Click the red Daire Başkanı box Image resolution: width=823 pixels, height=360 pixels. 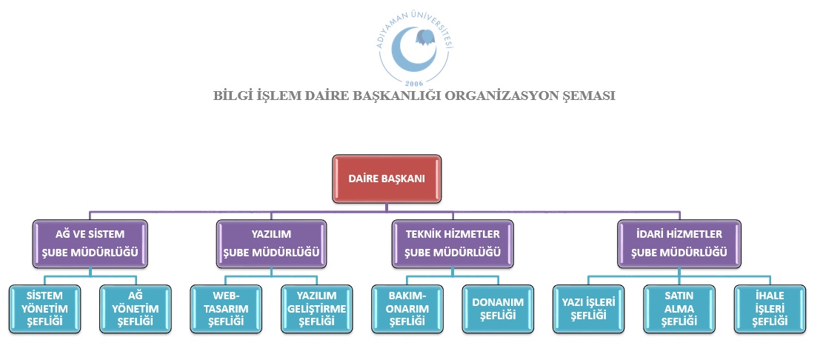click(387, 179)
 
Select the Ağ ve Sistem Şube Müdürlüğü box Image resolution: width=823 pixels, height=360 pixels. click(90, 244)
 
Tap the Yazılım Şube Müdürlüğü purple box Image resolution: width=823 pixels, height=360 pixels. click(271, 244)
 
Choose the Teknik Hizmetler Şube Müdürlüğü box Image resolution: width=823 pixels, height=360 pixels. click(453, 244)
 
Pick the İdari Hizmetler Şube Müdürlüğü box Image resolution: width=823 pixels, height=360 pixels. click(679, 244)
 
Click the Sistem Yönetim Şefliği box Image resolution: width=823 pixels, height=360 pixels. click(45, 309)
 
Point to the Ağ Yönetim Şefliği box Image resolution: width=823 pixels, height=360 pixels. click(136, 309)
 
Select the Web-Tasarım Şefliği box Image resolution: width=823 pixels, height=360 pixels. click(226, 309)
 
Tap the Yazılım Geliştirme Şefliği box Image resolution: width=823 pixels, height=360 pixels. click(316, 309)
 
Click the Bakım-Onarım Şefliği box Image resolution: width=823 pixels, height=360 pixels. click(407, 309)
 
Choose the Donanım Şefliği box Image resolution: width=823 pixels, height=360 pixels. click(498, 309)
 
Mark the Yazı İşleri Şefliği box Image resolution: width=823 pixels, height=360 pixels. click(589, 309)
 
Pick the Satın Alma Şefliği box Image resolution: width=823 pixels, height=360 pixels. click(679, 309)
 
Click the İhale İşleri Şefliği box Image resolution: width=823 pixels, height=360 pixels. click(770, 309)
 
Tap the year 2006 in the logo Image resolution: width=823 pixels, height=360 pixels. click(414, 83)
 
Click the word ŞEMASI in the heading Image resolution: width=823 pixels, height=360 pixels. click(588, 96)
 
